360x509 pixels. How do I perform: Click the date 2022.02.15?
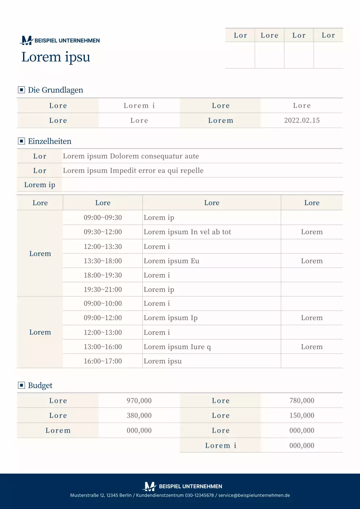[x=302, y=120]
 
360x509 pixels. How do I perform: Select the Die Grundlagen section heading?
[x=55, y=90]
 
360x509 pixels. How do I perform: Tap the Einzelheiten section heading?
[x=49, y=141]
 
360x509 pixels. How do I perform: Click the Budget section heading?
[x=40, y=385]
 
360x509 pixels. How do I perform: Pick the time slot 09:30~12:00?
[x=103, y=232]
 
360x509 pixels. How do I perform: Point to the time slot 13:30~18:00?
[x=103, y=261]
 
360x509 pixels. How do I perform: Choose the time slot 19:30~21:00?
[x=103, y=289]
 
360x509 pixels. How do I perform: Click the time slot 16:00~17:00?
[x=103, y=361]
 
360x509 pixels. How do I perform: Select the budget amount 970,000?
[x=139, y=400]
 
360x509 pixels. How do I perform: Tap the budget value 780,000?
[x=302, y=400]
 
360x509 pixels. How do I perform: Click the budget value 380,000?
[x=139, y=416]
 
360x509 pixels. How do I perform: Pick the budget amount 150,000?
[x=302, y=416]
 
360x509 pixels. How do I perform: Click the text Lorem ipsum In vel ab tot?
[x=187, y=232]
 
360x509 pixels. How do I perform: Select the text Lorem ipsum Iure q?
[x=177, y=347]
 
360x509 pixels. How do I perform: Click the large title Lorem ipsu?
[x=56, y=57]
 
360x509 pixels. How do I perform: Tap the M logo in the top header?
[x=27, y=40]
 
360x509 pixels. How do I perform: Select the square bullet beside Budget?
[x=21, y=385]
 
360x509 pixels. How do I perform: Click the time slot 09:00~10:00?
[x=103, y=303]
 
